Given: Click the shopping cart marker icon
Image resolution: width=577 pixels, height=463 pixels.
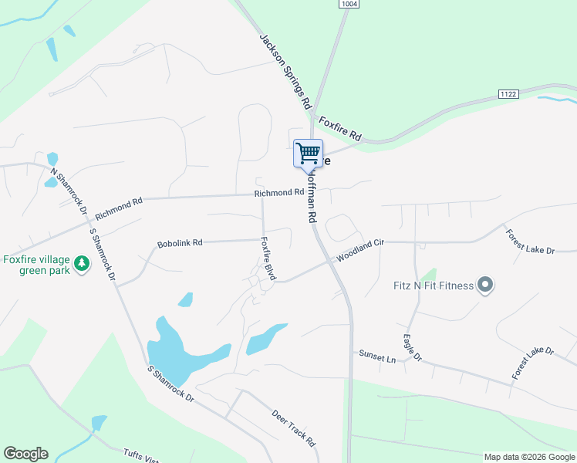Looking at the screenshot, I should click(308, 152).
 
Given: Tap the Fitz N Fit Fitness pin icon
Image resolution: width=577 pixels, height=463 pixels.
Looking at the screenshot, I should click(484, 286).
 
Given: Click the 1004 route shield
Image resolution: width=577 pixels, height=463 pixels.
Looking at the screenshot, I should click(349, 5).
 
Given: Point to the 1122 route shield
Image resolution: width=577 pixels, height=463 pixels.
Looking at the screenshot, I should click(508, 94).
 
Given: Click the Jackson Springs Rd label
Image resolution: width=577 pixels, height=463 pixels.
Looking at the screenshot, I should click(285, 71).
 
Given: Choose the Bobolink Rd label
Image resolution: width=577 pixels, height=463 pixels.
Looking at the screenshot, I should click(180, 242).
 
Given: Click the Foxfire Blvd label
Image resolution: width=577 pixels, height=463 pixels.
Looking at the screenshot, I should click(268, 258).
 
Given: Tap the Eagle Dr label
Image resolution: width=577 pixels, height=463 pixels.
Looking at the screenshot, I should click(413, 347).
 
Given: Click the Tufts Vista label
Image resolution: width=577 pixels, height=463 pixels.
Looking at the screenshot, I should click(142, 456).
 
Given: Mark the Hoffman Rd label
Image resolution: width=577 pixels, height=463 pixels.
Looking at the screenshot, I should click(312, 197).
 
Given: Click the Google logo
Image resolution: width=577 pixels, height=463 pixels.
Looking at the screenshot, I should click(25, 454).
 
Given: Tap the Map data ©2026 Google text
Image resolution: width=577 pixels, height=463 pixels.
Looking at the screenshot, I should click(529, 457).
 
